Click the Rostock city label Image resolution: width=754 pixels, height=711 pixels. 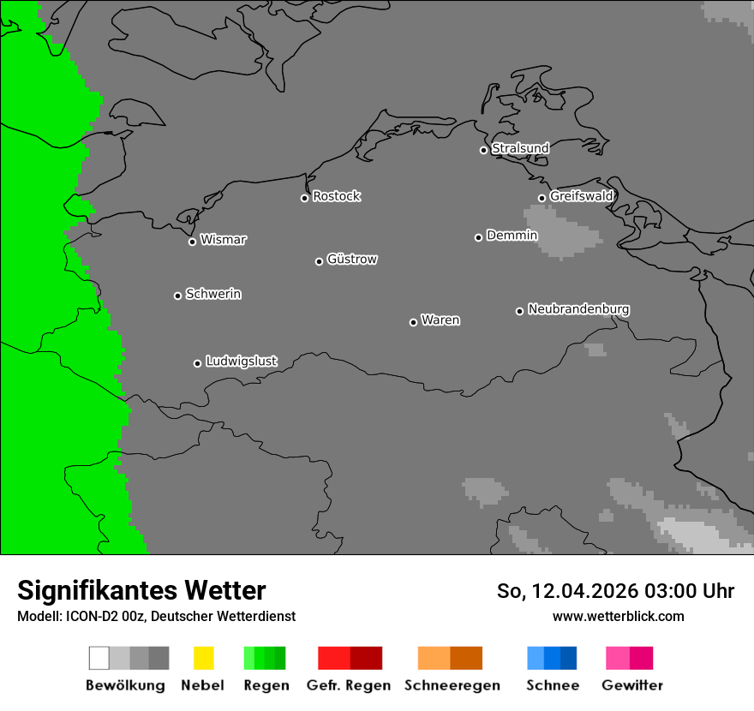(336, 196)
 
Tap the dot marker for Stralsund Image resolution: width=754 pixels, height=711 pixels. (483, 150)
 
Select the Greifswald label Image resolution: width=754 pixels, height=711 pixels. (581, 196)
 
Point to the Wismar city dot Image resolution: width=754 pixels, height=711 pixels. (192, 242)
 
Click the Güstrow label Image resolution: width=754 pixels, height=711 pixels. (352, 259)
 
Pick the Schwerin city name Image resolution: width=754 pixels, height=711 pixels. (213, 294)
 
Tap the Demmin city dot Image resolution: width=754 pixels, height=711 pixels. (478, 237)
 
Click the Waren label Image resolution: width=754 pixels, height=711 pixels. (440, 320)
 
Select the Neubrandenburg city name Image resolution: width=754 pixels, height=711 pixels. (578, 309)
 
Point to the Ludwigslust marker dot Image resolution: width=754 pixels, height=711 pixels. (197, 363)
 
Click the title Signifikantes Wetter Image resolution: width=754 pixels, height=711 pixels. (141, 590)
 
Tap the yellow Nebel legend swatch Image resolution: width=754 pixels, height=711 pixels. (203, 658)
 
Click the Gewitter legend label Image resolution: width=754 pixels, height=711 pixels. (632, 685)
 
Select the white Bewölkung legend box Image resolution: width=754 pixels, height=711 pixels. (99, 658)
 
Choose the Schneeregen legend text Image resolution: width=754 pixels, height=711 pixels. (452, 685)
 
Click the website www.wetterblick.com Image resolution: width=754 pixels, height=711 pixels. (618, 616)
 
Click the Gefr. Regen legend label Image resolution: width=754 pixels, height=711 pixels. (349, 685)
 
